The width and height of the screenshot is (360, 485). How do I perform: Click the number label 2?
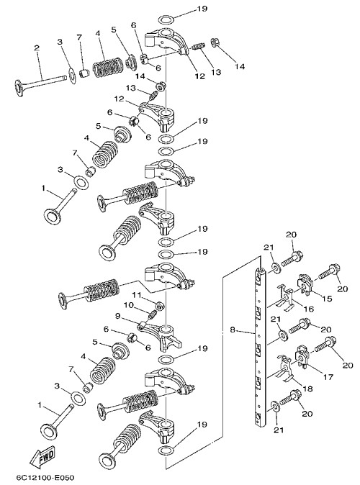[37, 48]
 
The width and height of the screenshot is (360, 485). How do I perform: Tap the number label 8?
[233, 330]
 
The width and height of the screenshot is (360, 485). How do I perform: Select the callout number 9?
[117, 317]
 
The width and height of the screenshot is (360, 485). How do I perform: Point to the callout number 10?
[128, 305]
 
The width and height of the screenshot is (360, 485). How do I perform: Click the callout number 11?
[137, 294]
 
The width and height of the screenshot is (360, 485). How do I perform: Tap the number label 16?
[309, 309]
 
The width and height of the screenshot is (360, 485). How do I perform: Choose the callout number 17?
[328, 377]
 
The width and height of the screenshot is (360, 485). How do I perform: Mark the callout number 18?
[308, 389]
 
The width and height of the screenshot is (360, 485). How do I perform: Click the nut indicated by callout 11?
[160, 306]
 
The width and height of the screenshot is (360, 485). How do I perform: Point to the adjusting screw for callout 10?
[152, 315]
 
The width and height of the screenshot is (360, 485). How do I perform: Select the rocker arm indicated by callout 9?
[161, 335]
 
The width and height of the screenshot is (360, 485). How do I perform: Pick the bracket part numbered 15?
[305, 282]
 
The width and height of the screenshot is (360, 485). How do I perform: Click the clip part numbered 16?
[285, 298]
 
